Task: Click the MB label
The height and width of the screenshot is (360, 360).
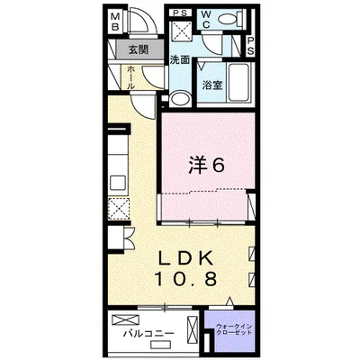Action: (116, 22)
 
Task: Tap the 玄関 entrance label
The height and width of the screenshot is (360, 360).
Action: (136, 50)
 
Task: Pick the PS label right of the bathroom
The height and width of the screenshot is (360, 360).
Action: (248, 47)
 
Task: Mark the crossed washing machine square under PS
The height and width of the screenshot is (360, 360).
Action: (179, 32)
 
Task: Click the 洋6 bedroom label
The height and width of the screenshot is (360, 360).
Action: (206, 165)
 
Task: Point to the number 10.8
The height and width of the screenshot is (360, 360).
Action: (185, 279)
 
